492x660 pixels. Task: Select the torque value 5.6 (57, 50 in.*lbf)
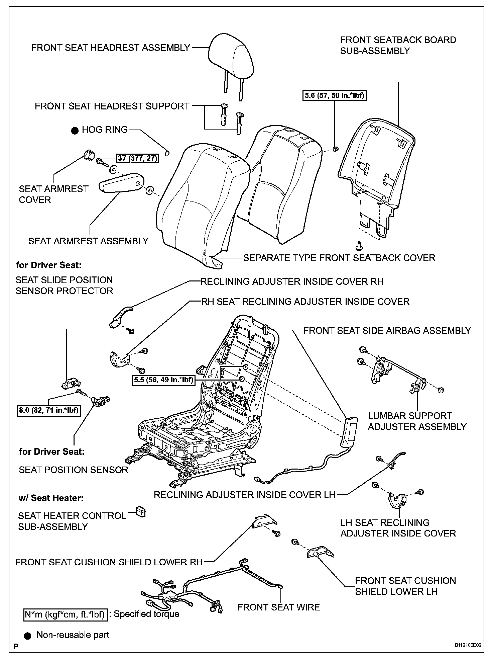[335, 96]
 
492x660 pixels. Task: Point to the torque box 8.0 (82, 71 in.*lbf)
[49, 410]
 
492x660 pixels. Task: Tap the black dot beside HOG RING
[75, 130]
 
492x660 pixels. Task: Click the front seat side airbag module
[349, 432]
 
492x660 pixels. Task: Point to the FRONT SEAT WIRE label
[278, 607]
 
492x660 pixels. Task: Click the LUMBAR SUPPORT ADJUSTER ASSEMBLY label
[417, 421]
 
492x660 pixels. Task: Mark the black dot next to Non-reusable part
[29, 635]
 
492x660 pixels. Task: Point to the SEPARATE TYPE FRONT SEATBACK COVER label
[339, 258]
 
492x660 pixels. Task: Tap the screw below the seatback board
[358, 246]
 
